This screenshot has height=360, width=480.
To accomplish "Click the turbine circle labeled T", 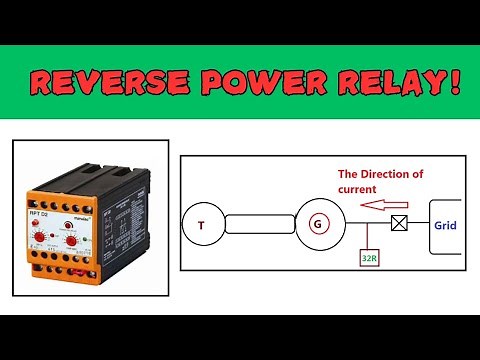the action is [201, 224].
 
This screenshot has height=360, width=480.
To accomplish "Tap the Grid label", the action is [445, 225].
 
